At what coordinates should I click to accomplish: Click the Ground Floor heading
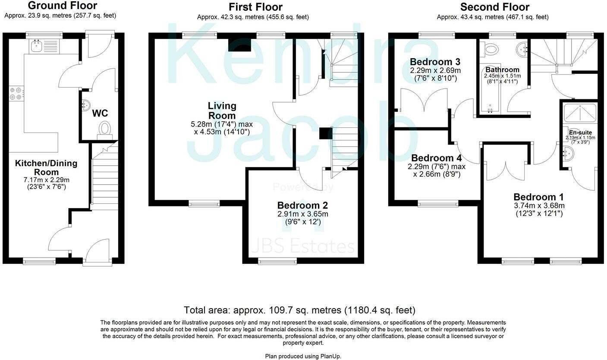pyautogui.click(x=63, y=6)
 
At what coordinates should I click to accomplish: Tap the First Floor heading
pyautogui.click(x=255, y=7)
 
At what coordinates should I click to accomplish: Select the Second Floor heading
pyautogui.click(x=495, y=7)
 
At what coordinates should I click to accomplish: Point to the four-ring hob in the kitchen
pyautogui.click(x=16, y=93)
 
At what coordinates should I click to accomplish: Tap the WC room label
pyautogui.click(x=100, y=113)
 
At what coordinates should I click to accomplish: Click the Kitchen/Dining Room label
pyautogui.click(x=46, y=167)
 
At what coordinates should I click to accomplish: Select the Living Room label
pyautogui.click(x=222, y=111)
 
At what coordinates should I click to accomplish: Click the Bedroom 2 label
pyautogui.click(x=302, y=205)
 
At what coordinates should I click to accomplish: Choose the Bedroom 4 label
pyautogui.click(x=436, y=158)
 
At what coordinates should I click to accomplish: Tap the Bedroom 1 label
pyautogui.click(x=539, y=197)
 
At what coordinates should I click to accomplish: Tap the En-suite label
pyautogui.click(x=580, y=133)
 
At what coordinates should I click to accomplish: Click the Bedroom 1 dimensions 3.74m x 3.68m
pyautogui.click(x=539, y=205)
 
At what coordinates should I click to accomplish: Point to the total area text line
pyautogui.click(x=299, y=310)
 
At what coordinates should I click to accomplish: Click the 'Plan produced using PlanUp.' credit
pyautogui.click(x=303, y=356)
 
